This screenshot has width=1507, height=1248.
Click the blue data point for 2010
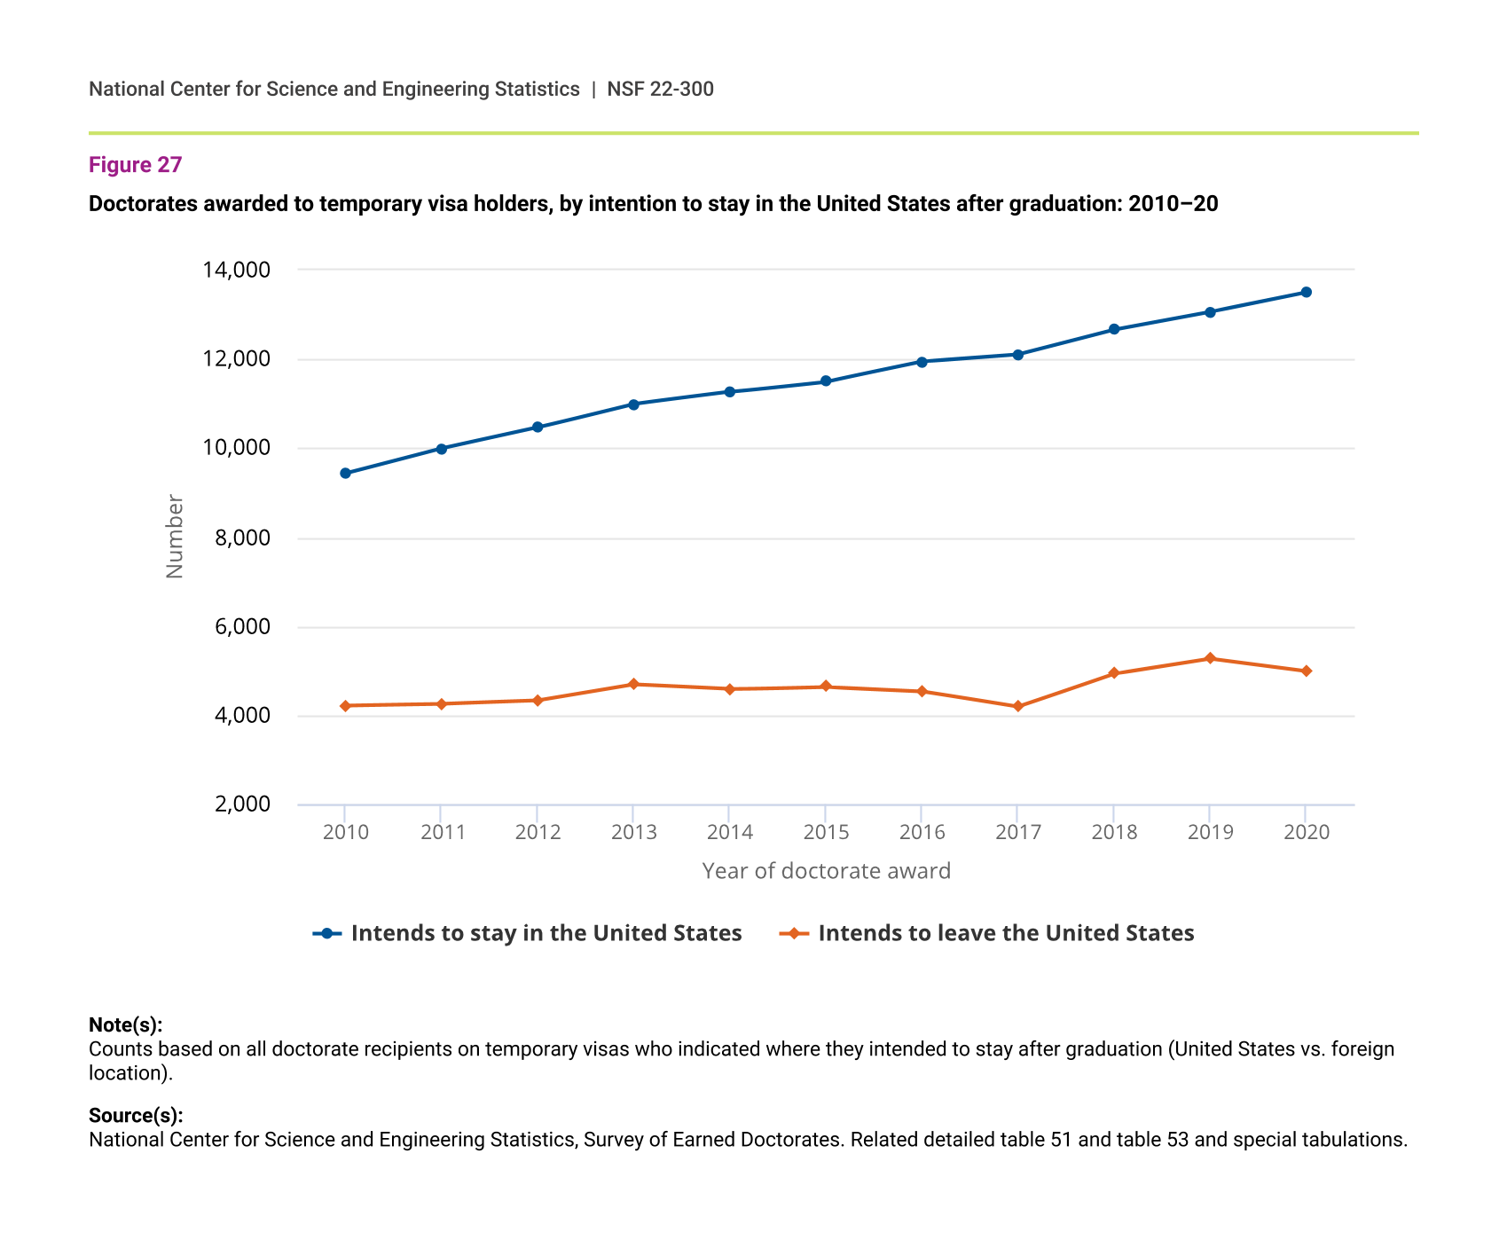(345, 474)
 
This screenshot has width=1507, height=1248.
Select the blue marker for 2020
(1306, 293)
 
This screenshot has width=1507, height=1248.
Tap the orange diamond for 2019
(1210, 658)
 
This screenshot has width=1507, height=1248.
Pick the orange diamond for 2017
(1018, 707)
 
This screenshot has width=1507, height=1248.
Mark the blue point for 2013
(633, 404)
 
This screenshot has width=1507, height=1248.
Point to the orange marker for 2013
(633, 684)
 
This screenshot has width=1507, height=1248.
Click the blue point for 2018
(1114, 330)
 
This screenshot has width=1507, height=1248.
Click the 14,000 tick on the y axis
(236, 270)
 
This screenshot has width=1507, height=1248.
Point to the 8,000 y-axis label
(240, 538)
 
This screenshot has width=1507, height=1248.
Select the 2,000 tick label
(240, 805)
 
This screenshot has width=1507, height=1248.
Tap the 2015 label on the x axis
(826, 832)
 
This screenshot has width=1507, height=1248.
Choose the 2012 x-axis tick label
(538, 832)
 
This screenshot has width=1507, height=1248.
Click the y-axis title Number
(175, 537)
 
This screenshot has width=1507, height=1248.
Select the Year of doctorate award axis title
(826, 871)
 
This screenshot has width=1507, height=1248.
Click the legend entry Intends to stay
(546, 933)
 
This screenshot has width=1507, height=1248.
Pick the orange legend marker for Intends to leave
(794, 933)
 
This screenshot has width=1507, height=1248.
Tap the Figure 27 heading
(135, 165)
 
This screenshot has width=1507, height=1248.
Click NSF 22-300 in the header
(660, 89)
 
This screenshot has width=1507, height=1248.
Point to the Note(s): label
(125, 1025)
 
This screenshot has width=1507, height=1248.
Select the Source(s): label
(136, 1116)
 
